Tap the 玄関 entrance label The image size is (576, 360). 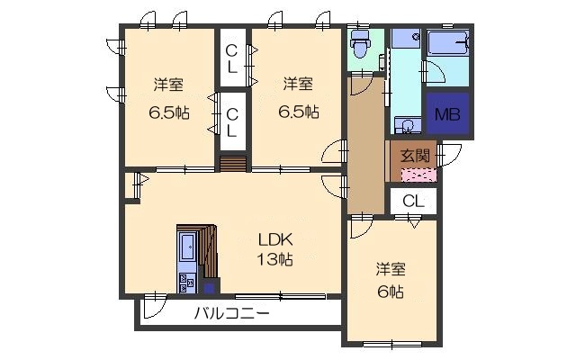(415, 154)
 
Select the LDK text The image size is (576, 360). (275, 240)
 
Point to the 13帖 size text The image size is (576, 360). (275, 260)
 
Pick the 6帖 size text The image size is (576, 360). (390, 292)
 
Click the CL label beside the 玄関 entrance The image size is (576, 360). (413, 201)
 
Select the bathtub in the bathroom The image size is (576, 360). (447, 44)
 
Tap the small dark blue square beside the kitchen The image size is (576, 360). (210, 288)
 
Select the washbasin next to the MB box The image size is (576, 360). (403, 126)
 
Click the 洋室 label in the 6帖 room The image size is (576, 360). (390, 270)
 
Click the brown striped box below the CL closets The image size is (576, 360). (233, 163)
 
